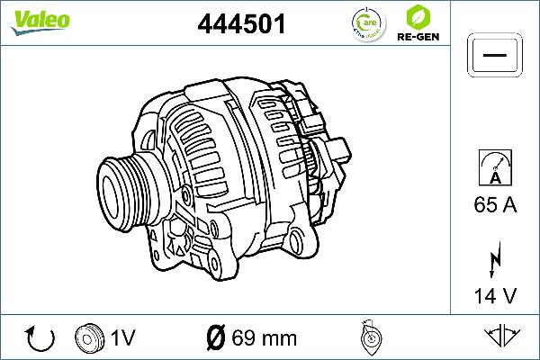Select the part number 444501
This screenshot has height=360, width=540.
241,24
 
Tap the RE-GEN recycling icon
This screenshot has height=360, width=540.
416,16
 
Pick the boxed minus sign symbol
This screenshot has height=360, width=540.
493,56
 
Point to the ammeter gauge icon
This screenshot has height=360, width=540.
494,168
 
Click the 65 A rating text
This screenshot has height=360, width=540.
494,206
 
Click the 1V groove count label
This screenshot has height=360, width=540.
122,338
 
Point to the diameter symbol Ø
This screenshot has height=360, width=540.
216,338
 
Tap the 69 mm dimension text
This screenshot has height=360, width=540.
264,338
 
